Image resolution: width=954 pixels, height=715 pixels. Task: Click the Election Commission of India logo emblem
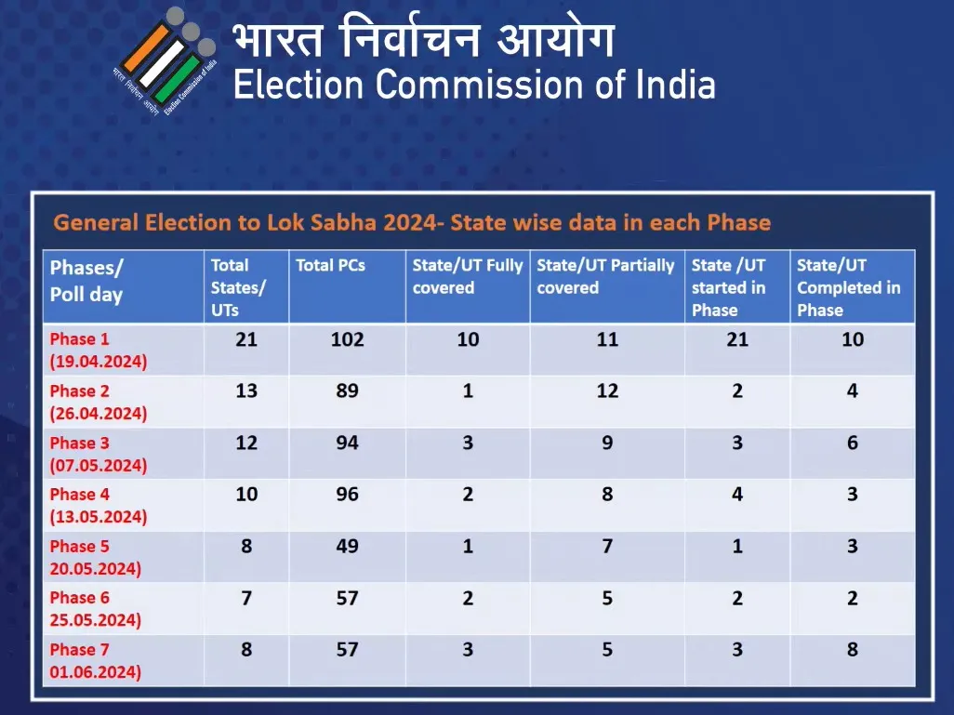pyautogui.click(x=166, y=60)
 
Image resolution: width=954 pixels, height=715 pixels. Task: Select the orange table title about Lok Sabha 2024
pyautogui.click(x=412, y=222)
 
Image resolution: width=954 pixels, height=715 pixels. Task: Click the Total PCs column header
pyautogui.click(x=330, y=266)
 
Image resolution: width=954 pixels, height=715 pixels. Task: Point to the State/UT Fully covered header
pyautogui.click(x=468, y=276)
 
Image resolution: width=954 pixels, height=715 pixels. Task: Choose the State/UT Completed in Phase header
pyautogui.click(x=849, y=287)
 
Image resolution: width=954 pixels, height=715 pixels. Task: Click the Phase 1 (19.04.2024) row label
pyautogui.click(x=98, y=350)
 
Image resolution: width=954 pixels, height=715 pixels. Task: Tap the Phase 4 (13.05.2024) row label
pyautogui.click(x=98, y=505)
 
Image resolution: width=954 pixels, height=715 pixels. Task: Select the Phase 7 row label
pyautogui.click(x=95, y=660)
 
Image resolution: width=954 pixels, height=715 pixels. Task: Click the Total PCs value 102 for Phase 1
pyautogui.click(x=347, y=339)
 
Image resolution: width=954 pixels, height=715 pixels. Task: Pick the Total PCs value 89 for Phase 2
pyautogui.click(x=347, y=391)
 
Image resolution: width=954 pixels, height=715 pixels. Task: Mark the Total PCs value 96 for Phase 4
pyautogui.click(x=347, y=495)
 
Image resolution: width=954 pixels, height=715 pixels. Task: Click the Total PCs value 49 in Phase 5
pyautogui.click(x=347, y=546)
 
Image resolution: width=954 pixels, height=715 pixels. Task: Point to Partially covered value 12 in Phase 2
pyautogui.click(x=607, y=391)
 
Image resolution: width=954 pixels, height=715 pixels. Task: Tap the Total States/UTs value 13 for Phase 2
pyautogui.click(x=246, y=391)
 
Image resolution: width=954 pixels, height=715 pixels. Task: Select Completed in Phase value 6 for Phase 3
pyautogui.click(x=853, y=443)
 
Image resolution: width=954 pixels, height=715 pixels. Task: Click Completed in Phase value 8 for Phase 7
pyautogui.click(x=853, y=649)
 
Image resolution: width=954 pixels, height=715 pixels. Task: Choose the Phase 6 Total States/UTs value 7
pyautogui.click(x=246, y=598)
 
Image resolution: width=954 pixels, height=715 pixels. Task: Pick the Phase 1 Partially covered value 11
pyautogui.click(x=607, y=339)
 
